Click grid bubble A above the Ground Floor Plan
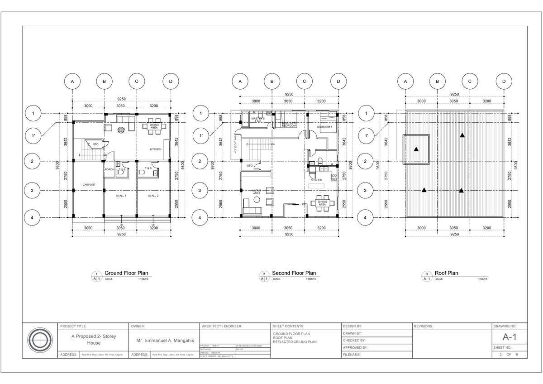(x=71, y=82)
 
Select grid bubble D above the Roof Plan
(x=504, y=82)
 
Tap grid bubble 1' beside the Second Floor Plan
(x=200, y=135)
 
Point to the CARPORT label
(x=89, y=185)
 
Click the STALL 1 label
(x=121, y=196)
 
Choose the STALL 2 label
(x=153, y=196)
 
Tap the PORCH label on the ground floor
(x=109, y=169)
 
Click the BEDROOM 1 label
(x=324, y=127)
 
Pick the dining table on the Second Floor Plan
(x=322, y=203)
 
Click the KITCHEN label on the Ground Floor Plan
(x=156, y=149)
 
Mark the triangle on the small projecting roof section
(x=416, y=149)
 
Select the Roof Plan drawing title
(x=446, y=273)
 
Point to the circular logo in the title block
(x=40, y=339)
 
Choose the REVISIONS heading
(x=424, y=326)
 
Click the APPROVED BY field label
(x=355, y=348)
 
